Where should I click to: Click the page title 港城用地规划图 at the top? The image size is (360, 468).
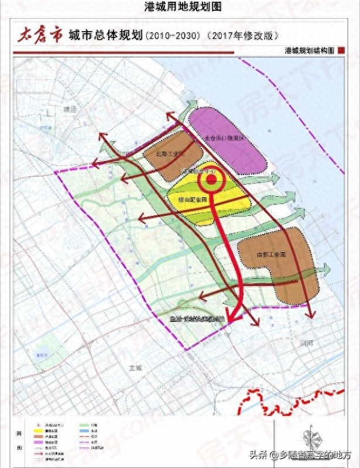coord(180,6)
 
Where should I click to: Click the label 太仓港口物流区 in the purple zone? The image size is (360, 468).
coord(223,139)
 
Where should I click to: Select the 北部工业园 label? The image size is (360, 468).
coord(170,154)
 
